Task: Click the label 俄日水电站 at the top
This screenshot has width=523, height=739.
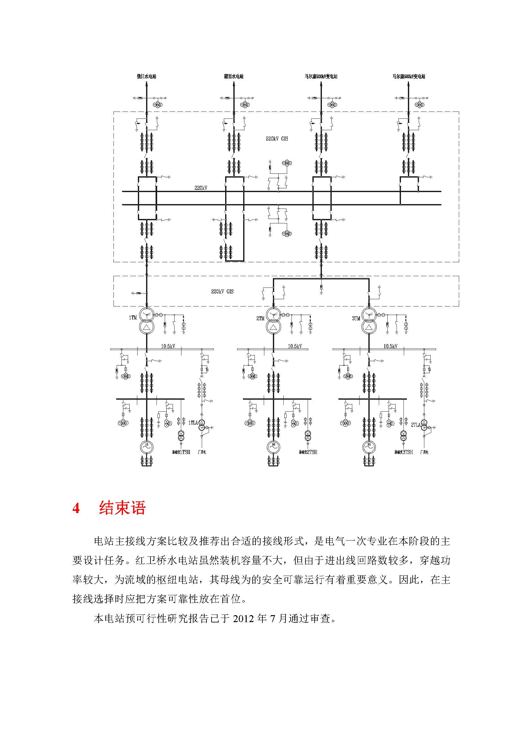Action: (146, 76)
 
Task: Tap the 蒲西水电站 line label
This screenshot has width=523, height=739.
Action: (233, 76)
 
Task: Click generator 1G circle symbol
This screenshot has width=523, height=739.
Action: (146, 447)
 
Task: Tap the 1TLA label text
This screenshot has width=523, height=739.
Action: (193, 423)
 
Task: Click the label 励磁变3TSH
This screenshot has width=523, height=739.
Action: (403, 452)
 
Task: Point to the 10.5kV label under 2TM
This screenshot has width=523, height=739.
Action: (295, 346)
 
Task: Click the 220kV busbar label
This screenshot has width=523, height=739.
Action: (201, 188)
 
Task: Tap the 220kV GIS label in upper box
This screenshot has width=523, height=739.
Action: (277, 139)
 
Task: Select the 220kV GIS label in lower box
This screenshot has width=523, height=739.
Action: (222, 292)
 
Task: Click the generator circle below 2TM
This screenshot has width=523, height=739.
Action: (274, 447)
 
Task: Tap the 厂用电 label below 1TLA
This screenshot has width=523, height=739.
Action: (201, 452)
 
